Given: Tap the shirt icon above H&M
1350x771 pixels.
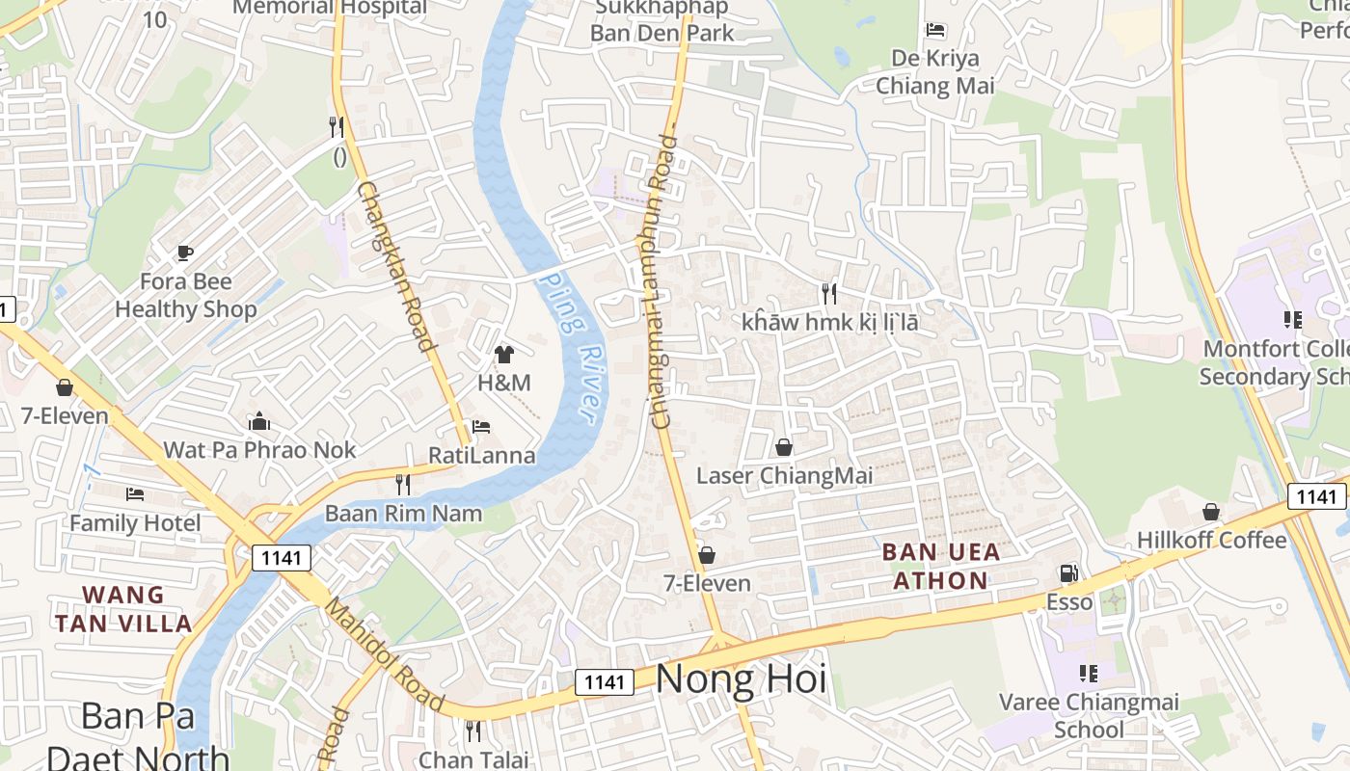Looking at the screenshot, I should click(504, 354).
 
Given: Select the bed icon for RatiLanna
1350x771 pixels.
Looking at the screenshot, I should click(481, 427).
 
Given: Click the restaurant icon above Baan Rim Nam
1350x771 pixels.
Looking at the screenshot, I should click(403, 485).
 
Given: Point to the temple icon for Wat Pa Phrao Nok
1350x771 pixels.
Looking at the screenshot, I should click(259, 421).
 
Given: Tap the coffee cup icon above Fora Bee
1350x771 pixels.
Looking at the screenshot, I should click(185, 253).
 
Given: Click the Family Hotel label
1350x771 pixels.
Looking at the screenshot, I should click(135, 523).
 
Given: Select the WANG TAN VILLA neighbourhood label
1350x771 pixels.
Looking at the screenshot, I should click(123, 609).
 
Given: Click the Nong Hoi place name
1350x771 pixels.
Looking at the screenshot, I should click(741, 679).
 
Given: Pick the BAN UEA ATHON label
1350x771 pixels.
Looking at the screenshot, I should click(940, 567).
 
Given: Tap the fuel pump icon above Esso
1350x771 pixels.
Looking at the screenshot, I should click(1068, 573).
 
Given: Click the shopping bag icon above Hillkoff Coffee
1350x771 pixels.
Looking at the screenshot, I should click(1211, 512).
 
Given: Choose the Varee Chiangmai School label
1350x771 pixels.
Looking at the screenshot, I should click(1089, 715).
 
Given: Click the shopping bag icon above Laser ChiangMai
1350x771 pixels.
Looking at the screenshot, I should click(784, 447).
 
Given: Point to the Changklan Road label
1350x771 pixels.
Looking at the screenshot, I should click(394, 266).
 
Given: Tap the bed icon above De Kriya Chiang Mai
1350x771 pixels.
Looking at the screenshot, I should click(934, 30).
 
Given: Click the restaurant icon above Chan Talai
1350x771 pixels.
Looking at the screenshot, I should click(472, 731).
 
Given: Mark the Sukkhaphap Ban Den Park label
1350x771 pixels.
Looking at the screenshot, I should click(661, 21).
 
